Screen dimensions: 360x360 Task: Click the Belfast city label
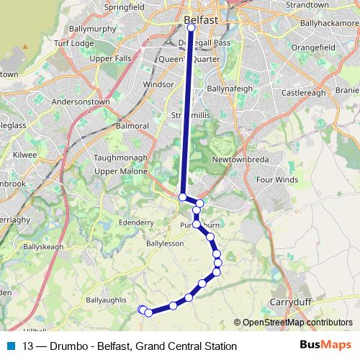point(201,21)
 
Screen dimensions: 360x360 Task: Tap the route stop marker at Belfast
point(192,28)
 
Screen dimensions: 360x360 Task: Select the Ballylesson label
point(165,244)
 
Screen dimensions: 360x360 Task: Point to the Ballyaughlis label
point(106,300)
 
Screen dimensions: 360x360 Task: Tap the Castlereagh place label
point(303,94)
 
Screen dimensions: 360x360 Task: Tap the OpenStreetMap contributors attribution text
point(297,323)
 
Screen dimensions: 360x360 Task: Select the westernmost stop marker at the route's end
point(142,310)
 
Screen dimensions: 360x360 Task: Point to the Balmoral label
point(131,126)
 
